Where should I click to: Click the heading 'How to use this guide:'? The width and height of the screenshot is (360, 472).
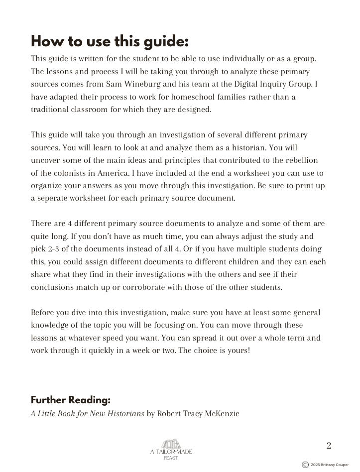click(110, 41)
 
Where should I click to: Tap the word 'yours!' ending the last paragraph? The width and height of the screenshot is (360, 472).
click(238, 351)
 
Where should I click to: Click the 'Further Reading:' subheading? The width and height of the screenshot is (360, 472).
click(71, 400)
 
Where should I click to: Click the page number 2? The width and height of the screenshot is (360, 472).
click(329, 446)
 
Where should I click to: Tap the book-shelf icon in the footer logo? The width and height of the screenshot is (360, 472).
click(171, 444)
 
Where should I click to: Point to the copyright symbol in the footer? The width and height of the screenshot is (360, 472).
click(305, 465)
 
